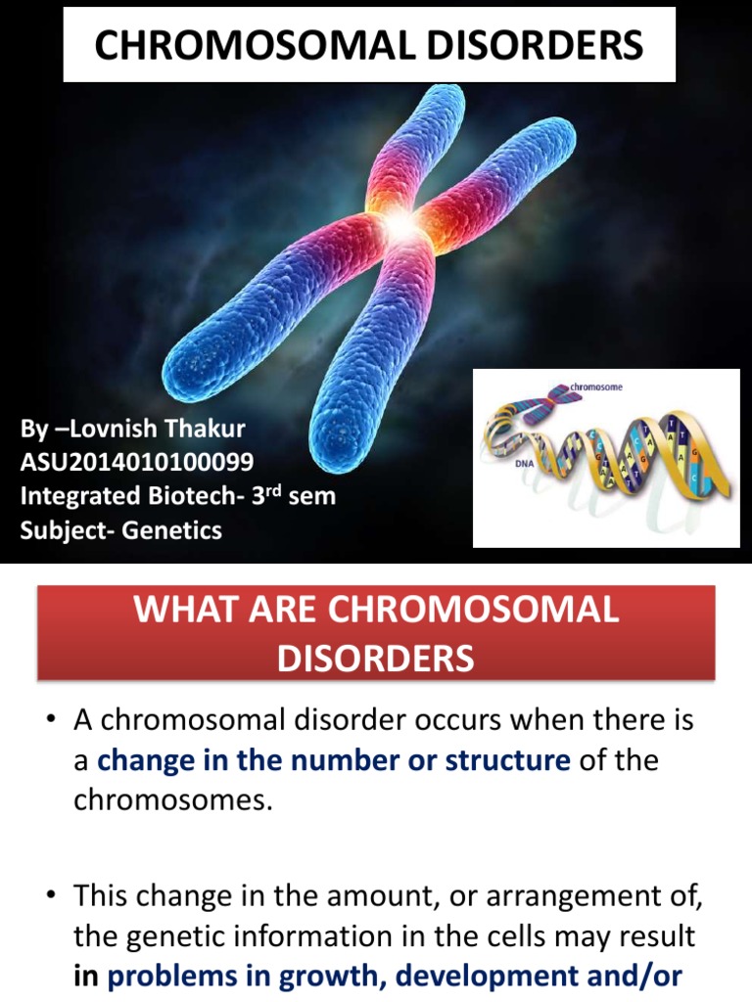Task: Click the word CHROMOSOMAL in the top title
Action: (249, 45)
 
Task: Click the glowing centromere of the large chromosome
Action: (399, 223)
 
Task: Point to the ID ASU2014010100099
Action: (137, 462)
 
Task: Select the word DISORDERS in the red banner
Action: (376, 658)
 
